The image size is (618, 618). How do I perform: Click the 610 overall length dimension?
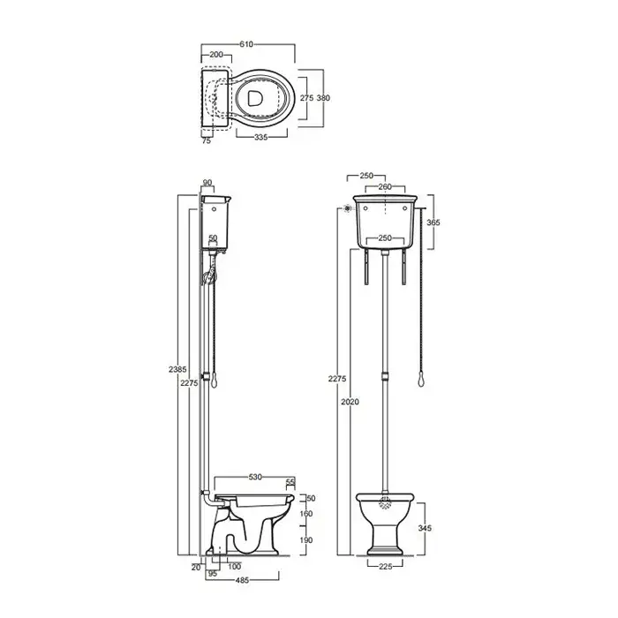(x=246, y=44)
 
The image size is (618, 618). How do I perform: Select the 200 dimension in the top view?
(x=216, y=55)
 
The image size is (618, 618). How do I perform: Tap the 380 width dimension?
(x=323, y=98)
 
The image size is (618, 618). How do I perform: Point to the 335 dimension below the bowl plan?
(x=261, y=137)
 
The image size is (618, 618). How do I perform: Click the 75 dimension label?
(x=206, y=140)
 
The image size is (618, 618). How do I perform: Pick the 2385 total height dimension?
(x=177, y=370)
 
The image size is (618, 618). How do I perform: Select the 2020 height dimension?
(x=350, y=402)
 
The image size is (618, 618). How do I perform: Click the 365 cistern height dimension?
(x=433, y=222)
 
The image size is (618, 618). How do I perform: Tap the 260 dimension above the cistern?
(x=385, y=186)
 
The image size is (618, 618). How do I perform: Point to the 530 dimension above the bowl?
(x=255, y=477)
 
